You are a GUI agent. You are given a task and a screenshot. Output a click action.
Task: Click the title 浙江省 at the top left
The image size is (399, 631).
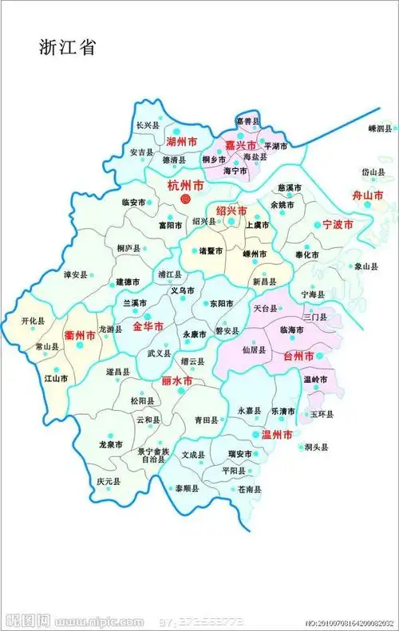[67, 47]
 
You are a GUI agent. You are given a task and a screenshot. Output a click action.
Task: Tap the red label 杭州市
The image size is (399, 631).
[184, 185]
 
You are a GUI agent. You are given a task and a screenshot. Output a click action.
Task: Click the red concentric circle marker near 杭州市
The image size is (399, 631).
[185, 198]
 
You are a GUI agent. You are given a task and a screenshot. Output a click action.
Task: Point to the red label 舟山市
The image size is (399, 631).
[369, 195]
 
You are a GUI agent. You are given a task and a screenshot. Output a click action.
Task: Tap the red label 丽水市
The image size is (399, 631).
[177, 381]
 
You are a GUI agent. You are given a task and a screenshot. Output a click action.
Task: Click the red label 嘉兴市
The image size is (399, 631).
[240, 145]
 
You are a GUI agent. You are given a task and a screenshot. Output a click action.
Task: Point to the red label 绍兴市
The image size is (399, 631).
[232, 211]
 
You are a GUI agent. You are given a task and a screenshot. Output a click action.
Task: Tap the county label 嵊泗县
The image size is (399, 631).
[381, 128]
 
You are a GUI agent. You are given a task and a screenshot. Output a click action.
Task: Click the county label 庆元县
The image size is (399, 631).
[109, 482]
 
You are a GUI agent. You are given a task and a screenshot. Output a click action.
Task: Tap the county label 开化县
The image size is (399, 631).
[33, 321]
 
